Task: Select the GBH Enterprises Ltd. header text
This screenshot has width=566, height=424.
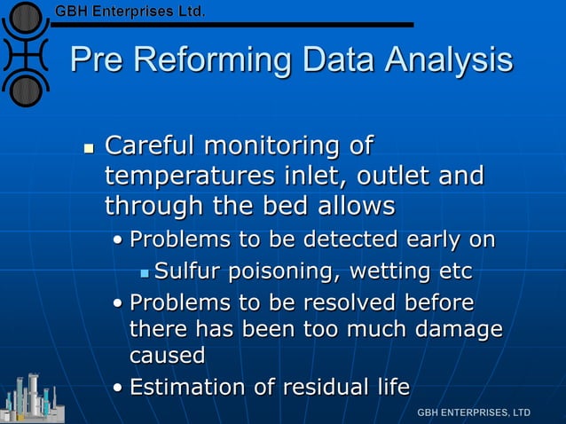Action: tap(130, 12)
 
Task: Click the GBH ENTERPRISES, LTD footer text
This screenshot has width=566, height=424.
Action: tap(474, 412)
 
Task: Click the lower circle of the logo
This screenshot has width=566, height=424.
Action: tap(28, 89)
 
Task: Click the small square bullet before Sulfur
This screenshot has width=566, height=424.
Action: tap(145, 271)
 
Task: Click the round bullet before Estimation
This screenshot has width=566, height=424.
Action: tap(118, 389)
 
